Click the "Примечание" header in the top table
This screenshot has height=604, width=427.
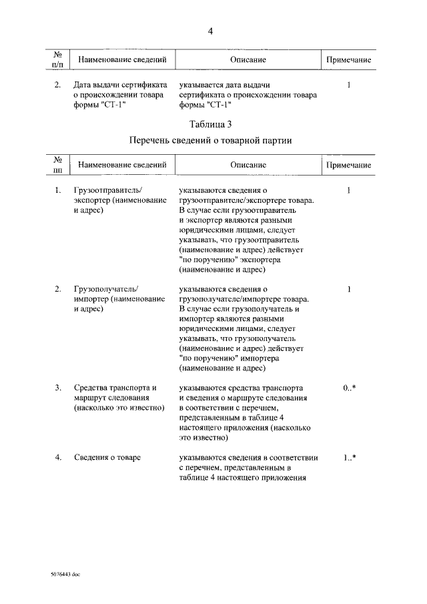click(348, 60)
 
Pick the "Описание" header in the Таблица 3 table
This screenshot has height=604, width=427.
click(248, 164)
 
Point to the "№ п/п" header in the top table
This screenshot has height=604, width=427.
click(58, 60)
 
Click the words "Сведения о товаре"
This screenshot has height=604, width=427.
click(112, 458)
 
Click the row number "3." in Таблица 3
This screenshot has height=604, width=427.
click(59, 388)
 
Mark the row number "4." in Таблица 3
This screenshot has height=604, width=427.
click(59, 458)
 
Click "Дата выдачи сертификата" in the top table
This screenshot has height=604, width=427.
click(119, 85)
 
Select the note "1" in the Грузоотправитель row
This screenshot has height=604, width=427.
click(349, 191)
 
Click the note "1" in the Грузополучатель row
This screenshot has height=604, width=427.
click(349, 289)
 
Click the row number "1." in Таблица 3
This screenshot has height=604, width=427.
click(59, 191)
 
